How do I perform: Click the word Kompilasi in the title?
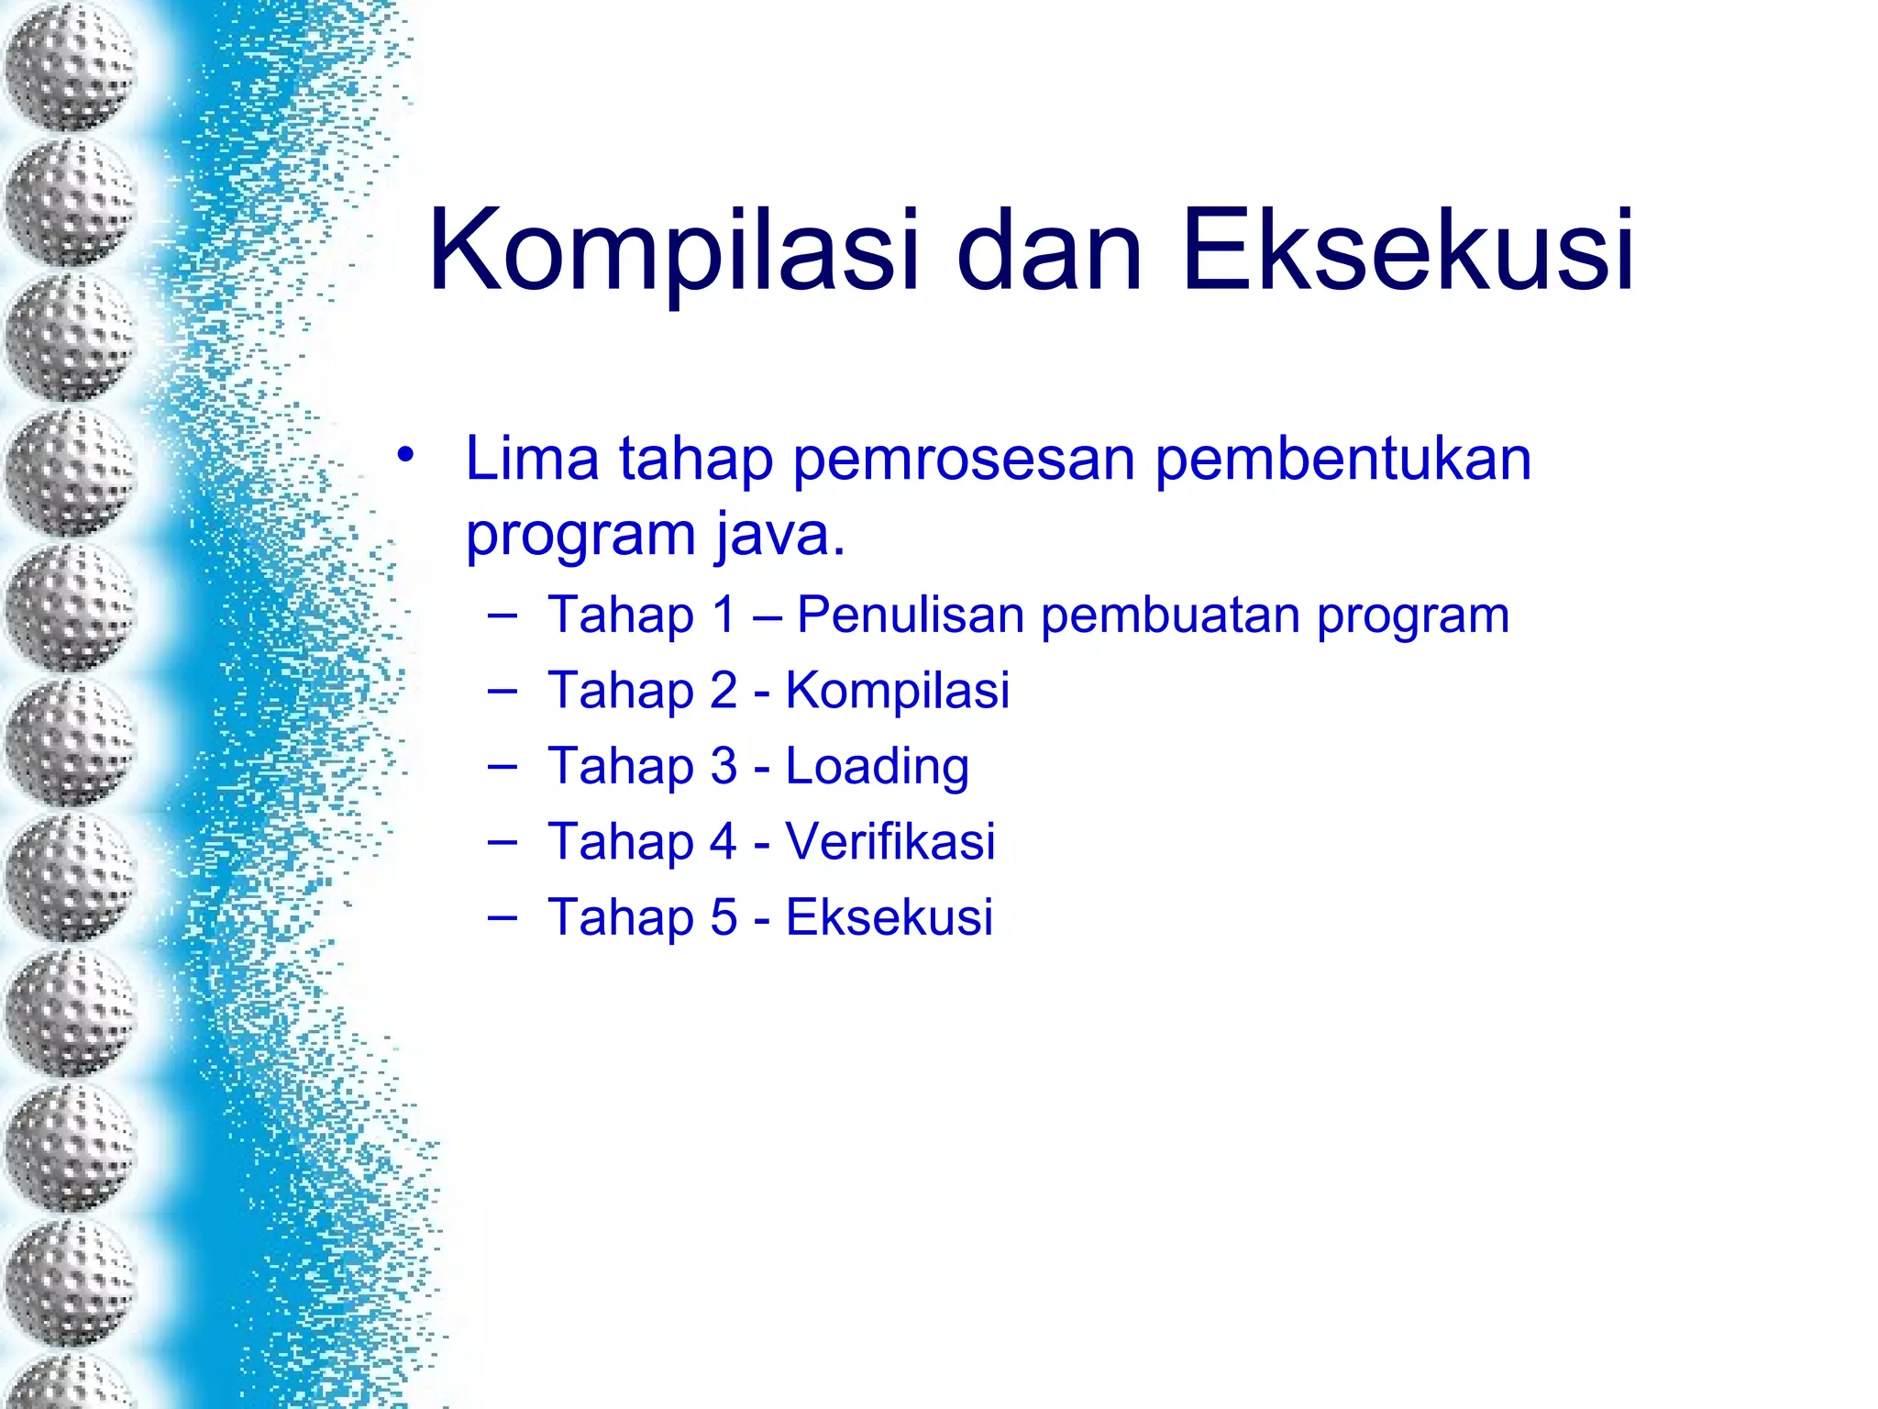(673, 250)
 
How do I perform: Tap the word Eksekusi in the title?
(1408, 250)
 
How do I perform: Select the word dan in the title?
(1050, 250)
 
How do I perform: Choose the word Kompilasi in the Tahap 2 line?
(898, 690)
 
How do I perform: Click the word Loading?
(878, 766)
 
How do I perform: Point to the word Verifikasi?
(890, 841)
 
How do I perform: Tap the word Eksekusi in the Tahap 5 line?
(889, 916)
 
